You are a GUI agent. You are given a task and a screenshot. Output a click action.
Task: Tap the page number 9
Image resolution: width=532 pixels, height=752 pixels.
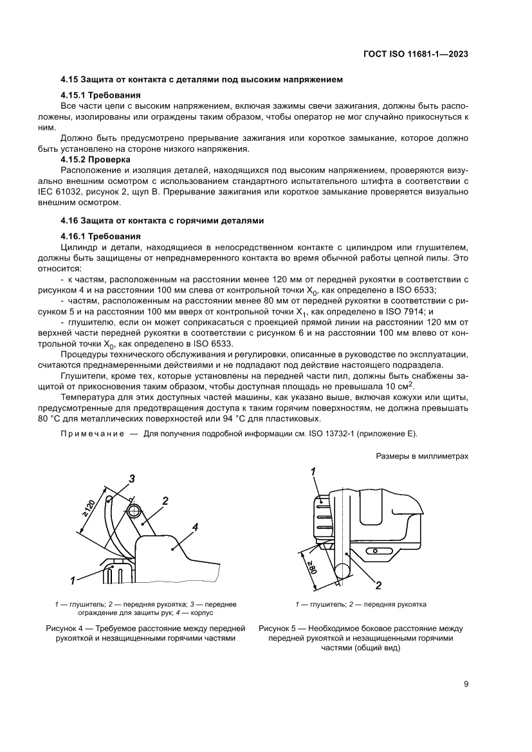[x=465, y=684]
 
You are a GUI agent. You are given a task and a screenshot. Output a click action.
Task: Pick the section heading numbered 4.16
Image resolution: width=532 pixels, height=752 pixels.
[x=162, y=220]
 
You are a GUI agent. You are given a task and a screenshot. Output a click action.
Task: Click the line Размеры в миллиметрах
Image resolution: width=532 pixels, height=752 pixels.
[x=421, y=456]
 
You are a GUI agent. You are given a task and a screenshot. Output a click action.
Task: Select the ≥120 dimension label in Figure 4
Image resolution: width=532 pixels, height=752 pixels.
[x=88, y=511]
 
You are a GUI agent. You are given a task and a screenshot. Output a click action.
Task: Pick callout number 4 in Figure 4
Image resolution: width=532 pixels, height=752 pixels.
[x=195, y=527]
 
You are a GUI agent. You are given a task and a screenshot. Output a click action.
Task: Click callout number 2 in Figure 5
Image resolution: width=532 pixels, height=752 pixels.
[x=378, y=585]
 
